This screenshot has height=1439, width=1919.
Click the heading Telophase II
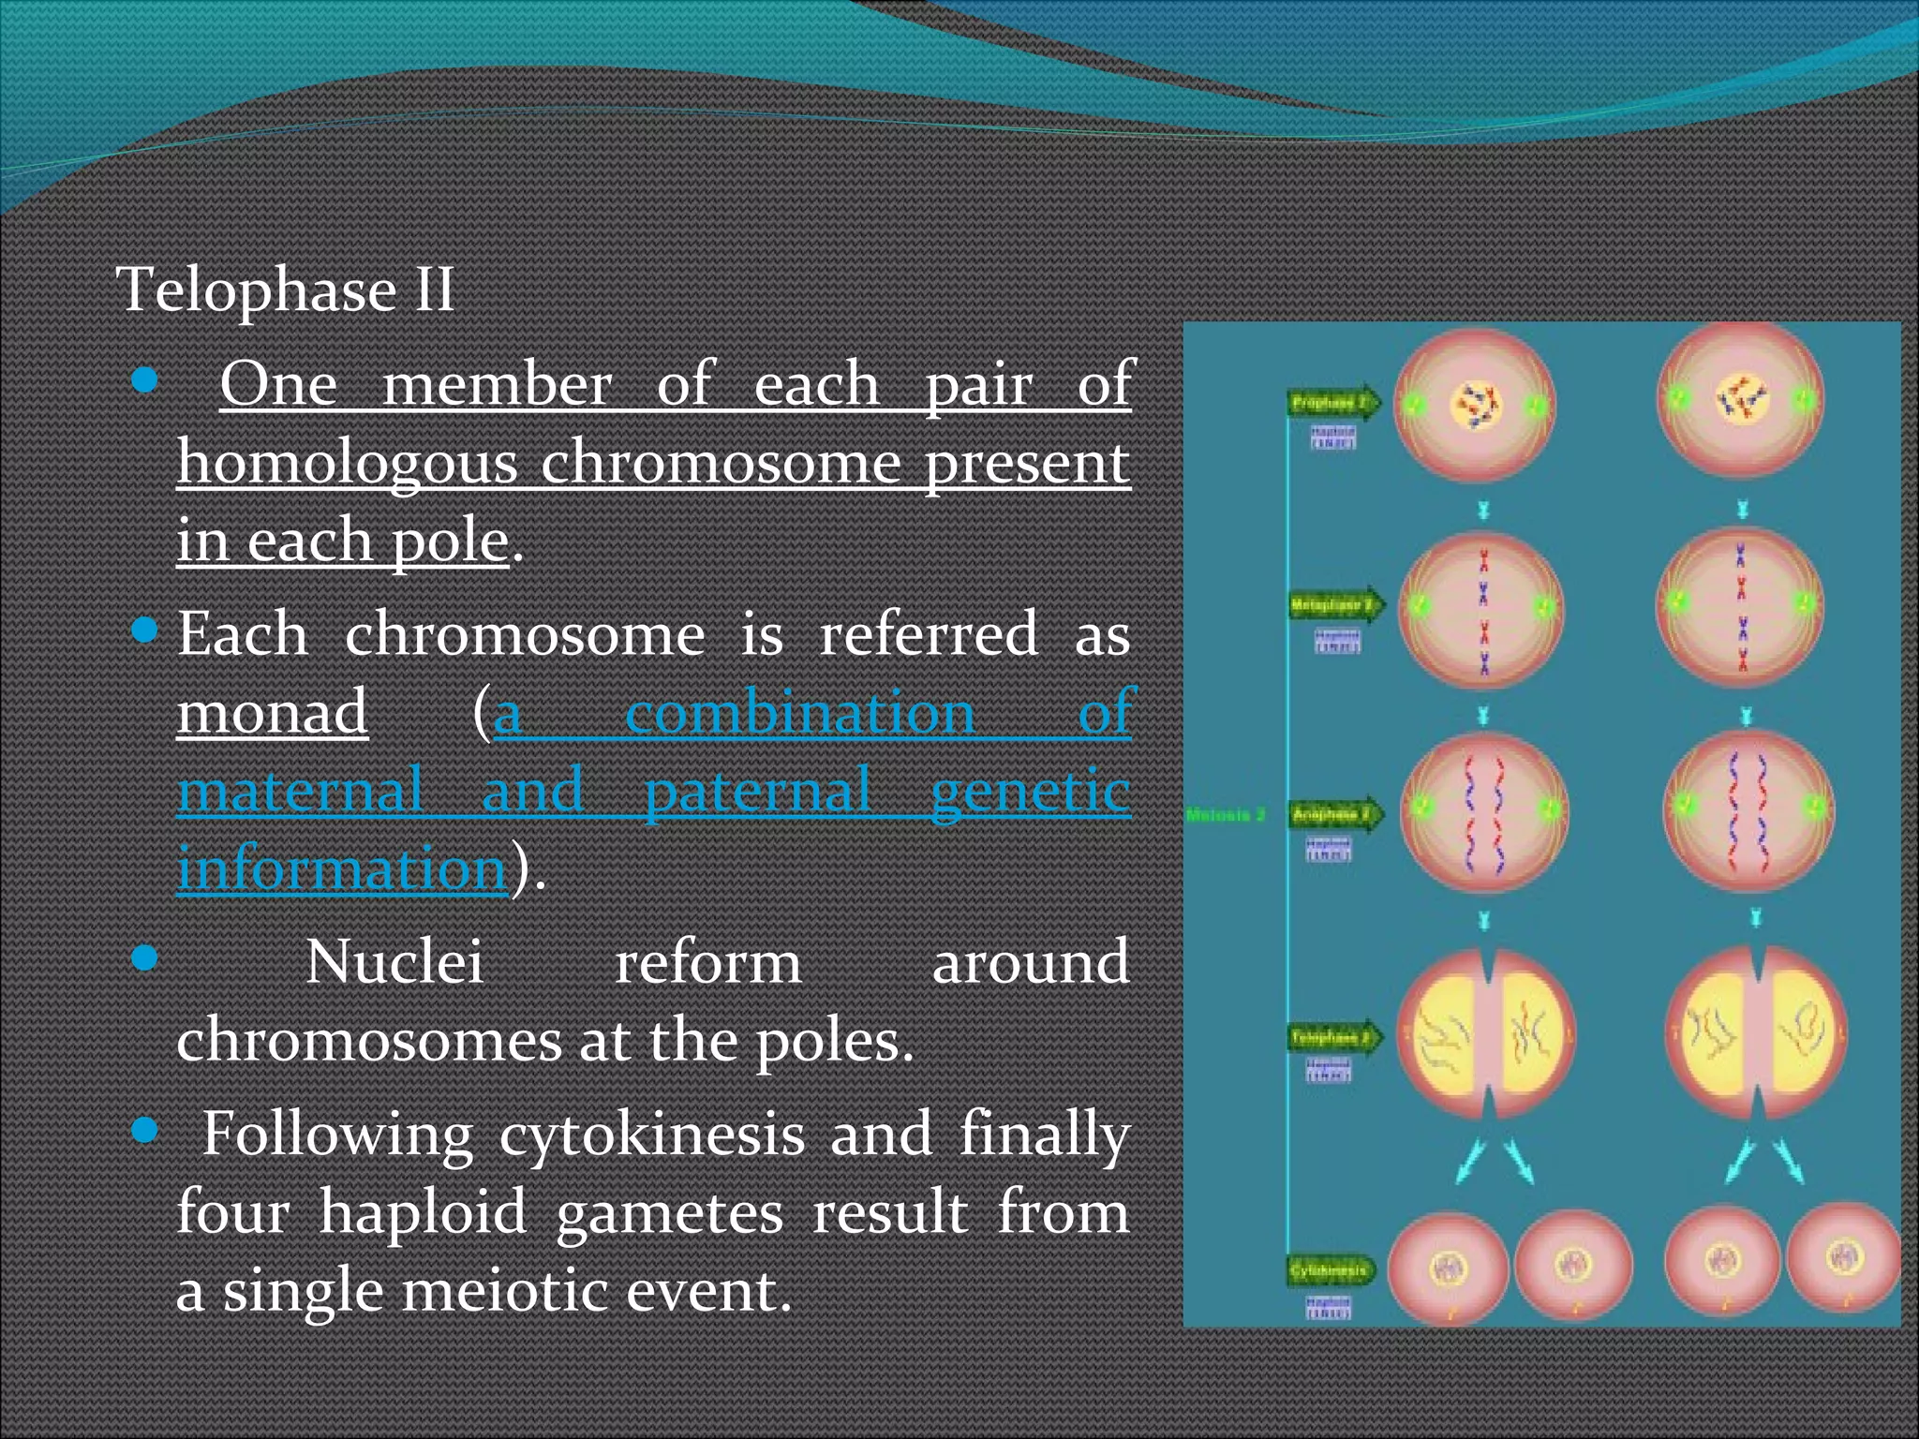pyautogui.click(x=285, y=289)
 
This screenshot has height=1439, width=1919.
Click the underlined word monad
pyautogui.click(x=272, y=712)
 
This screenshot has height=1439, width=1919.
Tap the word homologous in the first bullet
pyautogui.click(x=347, y=463)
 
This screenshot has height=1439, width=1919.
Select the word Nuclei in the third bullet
pyautogui.click(x=394, y=963)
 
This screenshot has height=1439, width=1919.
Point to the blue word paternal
pyautogui.click(x=757, y=790)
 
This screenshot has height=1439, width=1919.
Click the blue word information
pyautogui.click(x=342, y=868)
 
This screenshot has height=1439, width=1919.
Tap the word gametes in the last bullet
pyautogui.click(x=669, y=1212)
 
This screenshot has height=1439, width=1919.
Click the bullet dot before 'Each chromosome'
pyautogui.click(x=144, y=630)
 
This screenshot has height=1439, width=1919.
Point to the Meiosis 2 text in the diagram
pyautogui.click(x=1226, y=815)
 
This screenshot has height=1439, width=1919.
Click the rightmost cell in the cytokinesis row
pyautogui.click(x=1843, y=1260)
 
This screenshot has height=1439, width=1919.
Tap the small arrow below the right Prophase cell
pyautogui.click(x=1742, y=510)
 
